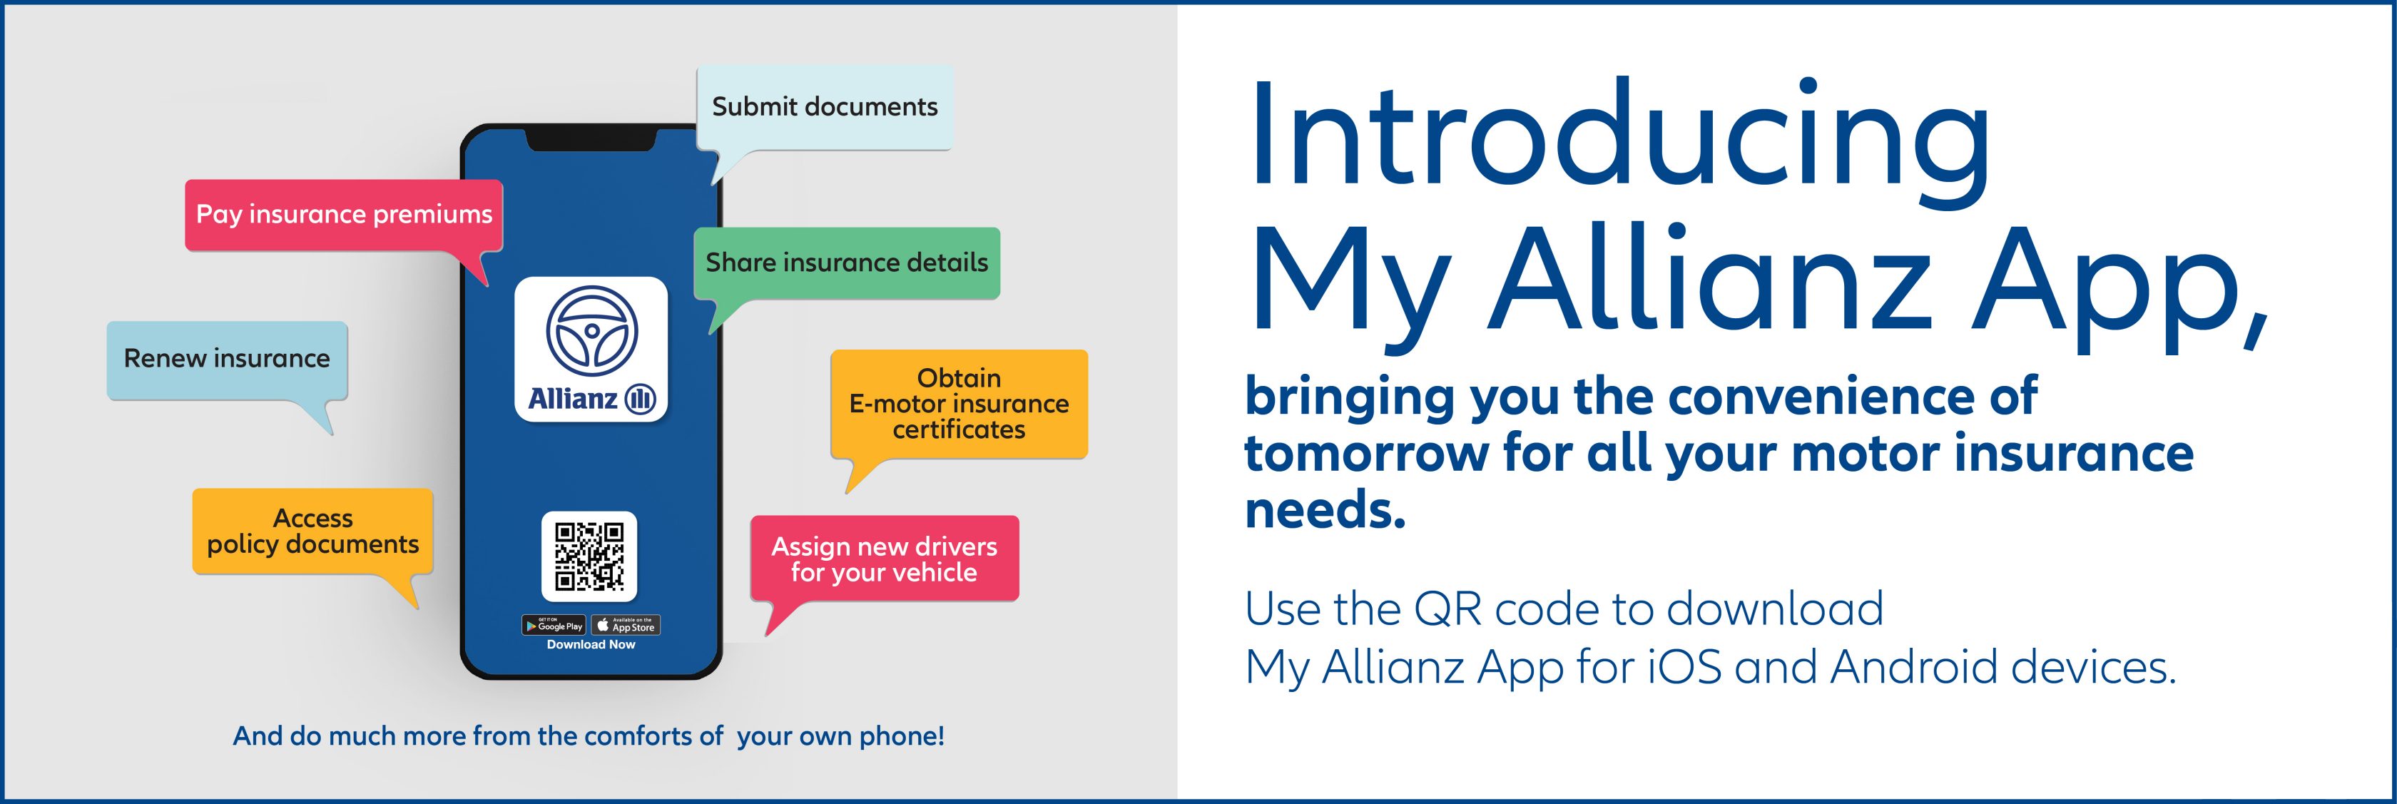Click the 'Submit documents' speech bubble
point(825,108)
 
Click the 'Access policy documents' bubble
point(312,531)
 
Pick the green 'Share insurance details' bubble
point(847,263)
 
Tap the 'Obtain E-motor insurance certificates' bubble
point(960,404)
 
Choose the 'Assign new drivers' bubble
point(885,559)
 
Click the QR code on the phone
point(589,556)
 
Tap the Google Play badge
point(554,626)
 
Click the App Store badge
point(626,626)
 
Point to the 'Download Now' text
point(591,645)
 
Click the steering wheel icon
point(592,331)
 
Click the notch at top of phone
point(592,140)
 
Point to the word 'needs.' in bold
point(1325,511)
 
